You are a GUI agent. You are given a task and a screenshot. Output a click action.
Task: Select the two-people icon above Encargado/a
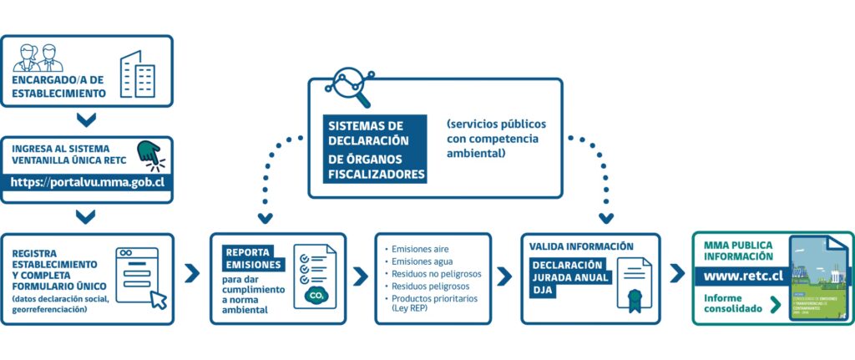pos(38,58)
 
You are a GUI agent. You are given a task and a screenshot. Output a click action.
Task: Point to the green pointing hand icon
pos(149,152)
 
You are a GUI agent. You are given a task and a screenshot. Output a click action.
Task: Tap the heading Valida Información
pos(581,246)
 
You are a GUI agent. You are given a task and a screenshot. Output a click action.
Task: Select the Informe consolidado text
pos(732,302)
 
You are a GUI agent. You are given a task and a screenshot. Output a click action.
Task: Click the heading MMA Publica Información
pos(739,250)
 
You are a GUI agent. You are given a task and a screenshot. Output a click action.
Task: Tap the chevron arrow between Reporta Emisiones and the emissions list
pos(360,276)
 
